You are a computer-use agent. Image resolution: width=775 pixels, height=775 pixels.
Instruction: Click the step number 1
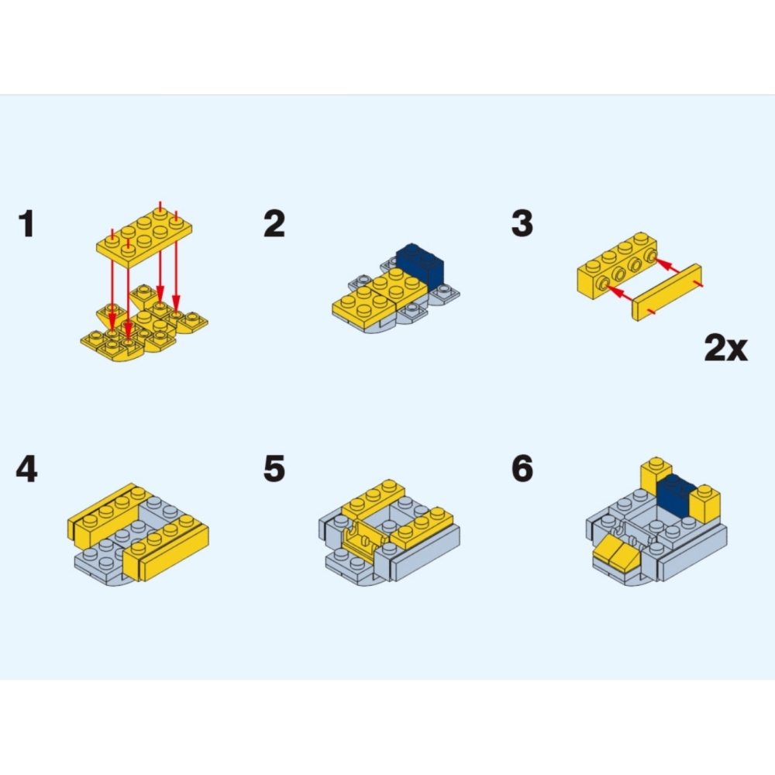point(26,224)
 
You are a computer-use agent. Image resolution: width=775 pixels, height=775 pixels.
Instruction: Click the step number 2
point(274,224)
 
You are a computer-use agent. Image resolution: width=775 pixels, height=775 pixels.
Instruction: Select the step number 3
point(522,223)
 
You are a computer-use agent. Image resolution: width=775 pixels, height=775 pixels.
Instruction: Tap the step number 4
point(26,469)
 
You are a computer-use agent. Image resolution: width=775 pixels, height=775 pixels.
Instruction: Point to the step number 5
point(274,469)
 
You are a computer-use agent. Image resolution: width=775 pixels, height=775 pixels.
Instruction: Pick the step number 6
point(522,469)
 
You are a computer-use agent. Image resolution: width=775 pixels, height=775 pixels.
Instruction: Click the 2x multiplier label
point(725,348)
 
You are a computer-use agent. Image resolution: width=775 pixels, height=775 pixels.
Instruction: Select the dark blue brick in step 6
point(675,495)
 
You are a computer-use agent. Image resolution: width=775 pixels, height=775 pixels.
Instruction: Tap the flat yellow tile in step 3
point(666,292)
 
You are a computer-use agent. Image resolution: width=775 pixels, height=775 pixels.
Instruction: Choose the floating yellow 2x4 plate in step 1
point(144,238)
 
